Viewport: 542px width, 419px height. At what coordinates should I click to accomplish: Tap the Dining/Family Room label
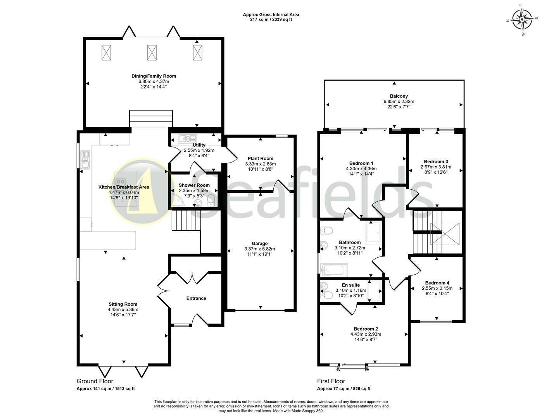(x=154, y=76)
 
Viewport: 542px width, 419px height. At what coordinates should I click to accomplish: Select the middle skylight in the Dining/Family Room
(x=152, y=52)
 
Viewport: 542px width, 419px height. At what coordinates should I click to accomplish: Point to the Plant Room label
(x=260, y=158)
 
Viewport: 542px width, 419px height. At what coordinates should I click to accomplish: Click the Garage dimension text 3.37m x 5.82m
(x=260, y=249)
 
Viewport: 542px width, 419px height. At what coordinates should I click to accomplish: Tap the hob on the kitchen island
(x=121, y=181)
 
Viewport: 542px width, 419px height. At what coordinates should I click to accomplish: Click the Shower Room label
(x=194, y=185)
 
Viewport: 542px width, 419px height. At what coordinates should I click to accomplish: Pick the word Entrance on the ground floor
(x=196, y=298)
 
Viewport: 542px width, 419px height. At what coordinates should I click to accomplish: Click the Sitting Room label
(x=123, y=304)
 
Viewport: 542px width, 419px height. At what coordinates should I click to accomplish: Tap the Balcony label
(x=394, y=96)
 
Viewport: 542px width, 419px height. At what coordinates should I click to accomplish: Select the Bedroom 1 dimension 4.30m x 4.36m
(x=361, y=169)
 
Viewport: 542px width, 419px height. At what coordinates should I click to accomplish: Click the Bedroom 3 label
(x=436, y=161)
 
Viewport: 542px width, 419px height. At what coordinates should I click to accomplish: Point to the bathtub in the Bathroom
(x=335, y=269)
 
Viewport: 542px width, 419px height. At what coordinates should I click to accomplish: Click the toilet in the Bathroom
(x=326, y=231)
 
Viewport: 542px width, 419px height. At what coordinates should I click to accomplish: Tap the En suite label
(x=350, y=285)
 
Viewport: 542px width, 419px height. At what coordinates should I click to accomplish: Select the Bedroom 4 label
(x=437, y=283)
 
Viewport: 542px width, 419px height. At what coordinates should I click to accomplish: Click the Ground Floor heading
(x=95, y=381)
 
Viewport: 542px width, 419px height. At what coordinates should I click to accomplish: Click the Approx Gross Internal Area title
(x=271, y=15)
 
